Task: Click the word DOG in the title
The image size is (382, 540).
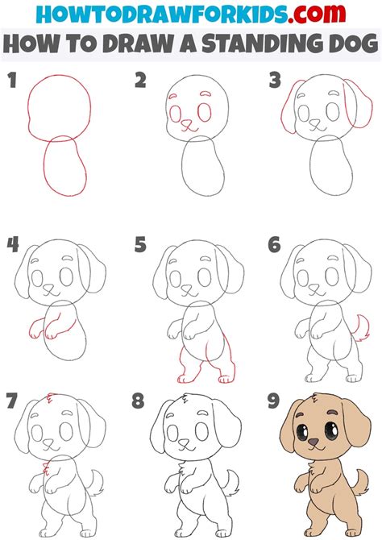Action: click(345, 44)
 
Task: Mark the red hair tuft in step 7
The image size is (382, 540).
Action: click(52, 397)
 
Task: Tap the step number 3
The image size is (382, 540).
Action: click(276, 81)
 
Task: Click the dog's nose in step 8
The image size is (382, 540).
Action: click(184, 442)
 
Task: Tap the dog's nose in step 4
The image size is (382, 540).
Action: click(50, 286)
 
